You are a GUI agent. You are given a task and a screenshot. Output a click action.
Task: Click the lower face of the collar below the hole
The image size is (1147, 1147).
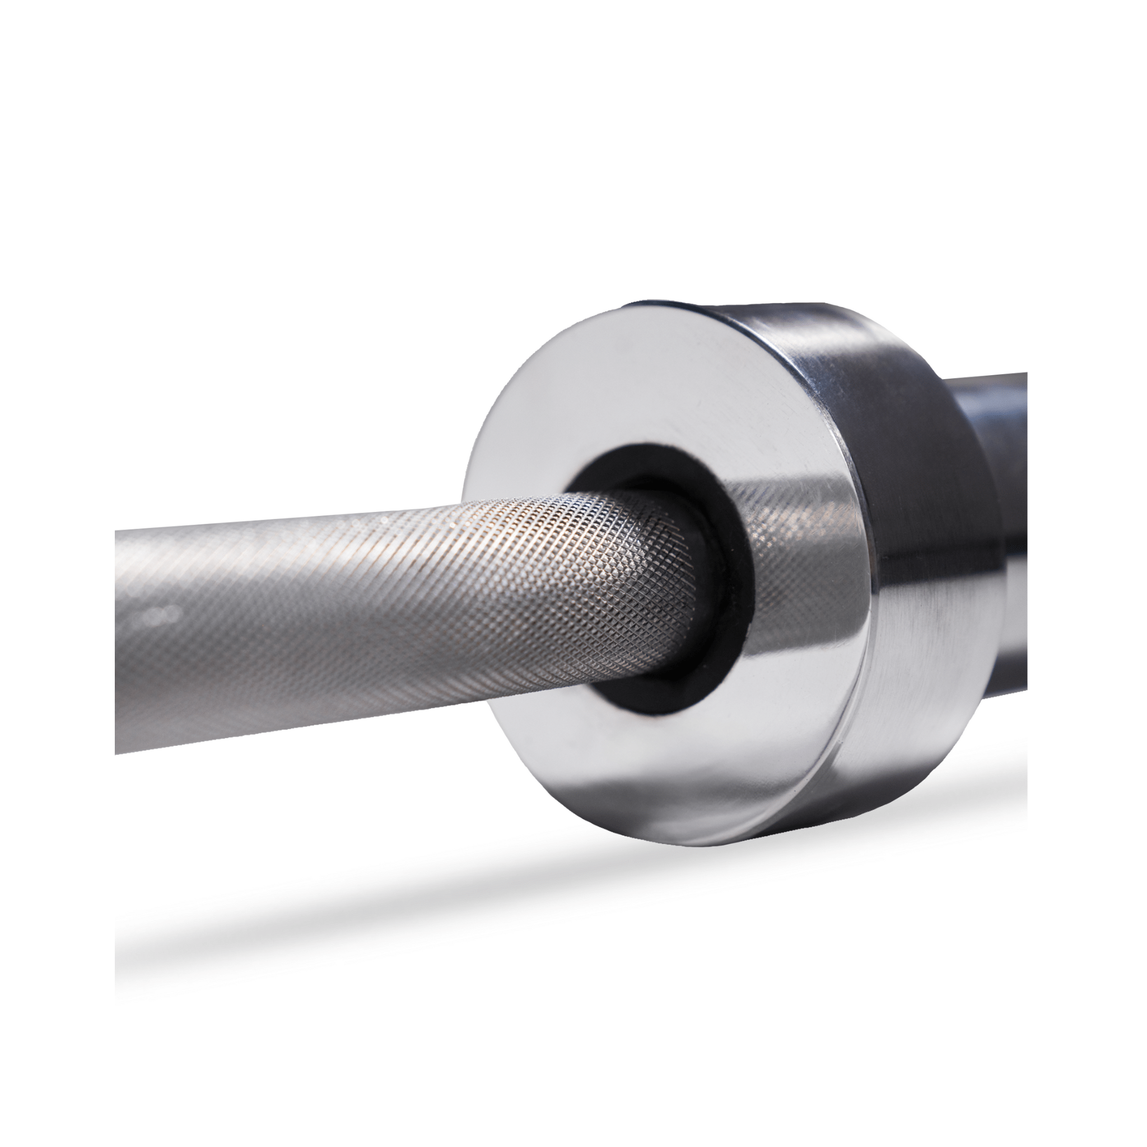[x=683, y=766]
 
